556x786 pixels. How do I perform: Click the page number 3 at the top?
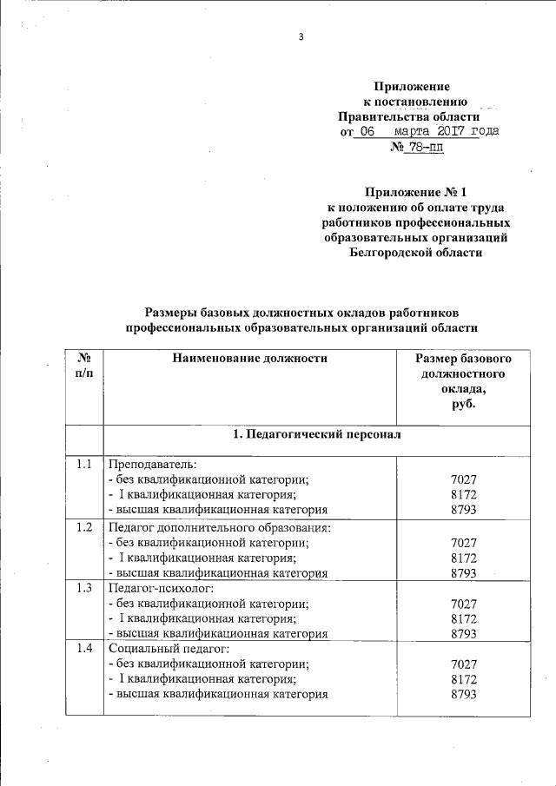click(301, 36)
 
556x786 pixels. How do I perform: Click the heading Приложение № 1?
click(412, 191)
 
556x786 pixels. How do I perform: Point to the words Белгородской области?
click(412, 253)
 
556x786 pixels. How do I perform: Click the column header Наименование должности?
click(249, 358)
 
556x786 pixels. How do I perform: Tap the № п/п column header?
click(84, 366)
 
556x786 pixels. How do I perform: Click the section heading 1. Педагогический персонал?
click(317, 433)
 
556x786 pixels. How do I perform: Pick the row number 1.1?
click(83, 464)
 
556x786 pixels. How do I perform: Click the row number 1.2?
click(83, 527)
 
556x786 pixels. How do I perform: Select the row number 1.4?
click(83, 649)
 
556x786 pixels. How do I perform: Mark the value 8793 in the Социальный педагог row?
click(465, 694)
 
